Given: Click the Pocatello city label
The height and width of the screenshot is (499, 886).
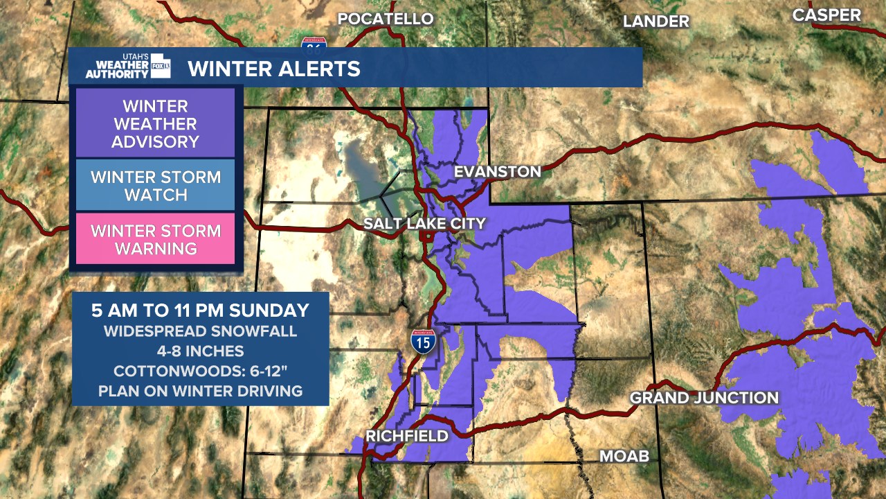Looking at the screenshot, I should (x=385, y=19).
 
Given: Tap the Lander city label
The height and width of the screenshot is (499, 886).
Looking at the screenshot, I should (x=656, y=21).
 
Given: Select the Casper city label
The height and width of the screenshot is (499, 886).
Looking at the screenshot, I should (x=826, y=15).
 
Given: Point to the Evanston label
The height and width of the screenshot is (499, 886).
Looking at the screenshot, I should (x=497, y=172).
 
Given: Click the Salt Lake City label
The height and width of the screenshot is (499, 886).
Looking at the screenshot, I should (x=424, y=223).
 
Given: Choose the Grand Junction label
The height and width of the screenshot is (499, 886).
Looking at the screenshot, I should (x=704, y=398).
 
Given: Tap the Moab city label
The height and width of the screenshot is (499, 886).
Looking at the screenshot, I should (x=624, y=456).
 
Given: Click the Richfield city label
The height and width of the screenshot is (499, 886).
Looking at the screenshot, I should (x=406, y=436).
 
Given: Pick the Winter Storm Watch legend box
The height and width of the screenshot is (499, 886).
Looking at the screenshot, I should (x=155, y=186).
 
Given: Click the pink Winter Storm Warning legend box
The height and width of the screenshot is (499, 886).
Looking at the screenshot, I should (x=155, y=239).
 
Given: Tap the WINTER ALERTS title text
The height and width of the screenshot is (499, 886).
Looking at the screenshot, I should (x=274, y=69).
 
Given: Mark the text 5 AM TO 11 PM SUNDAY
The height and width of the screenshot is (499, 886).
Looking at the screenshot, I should (x=200, y=310).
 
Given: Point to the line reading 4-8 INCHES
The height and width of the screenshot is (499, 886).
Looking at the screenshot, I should (x=200, y=351).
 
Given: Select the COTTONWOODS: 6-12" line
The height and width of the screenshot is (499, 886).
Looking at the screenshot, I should (x=200, y=371).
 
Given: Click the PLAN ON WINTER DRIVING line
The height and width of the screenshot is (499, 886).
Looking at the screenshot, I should (x=200, y=391).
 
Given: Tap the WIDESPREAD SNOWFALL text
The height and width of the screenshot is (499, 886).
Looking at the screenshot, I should (x=200, y=331).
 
